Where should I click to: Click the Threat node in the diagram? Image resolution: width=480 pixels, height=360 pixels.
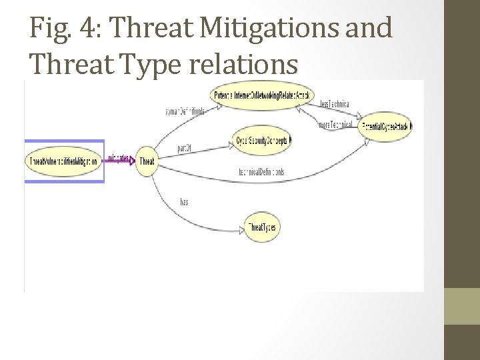click(x=147, y=161)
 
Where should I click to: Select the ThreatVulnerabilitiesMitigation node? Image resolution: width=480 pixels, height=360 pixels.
click(x=64, y=161)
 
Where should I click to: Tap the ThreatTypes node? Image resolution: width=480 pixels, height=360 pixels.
click(x=261, y=228)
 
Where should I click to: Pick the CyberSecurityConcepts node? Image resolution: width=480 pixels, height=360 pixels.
click(x=263, y=141)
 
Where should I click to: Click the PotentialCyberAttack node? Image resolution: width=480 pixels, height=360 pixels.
click(x=385, y=126)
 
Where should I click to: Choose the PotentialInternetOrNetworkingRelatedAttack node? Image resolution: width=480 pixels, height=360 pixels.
click(x=261, y=96)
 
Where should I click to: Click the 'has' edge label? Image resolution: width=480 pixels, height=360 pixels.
click(x=184, y=202)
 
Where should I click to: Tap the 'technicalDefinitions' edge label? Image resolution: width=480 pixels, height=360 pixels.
click(x=261, y=172)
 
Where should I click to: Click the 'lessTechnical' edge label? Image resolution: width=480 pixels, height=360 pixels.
click(x=334, y=105)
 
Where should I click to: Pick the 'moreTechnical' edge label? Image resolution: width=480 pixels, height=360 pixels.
click(x=335, y=124)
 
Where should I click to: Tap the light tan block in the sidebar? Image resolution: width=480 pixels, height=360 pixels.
click(x=462, y=306)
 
